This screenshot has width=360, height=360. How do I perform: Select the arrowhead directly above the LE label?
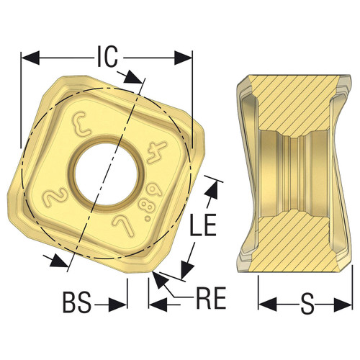pyautogui.click(x=212, y=187)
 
